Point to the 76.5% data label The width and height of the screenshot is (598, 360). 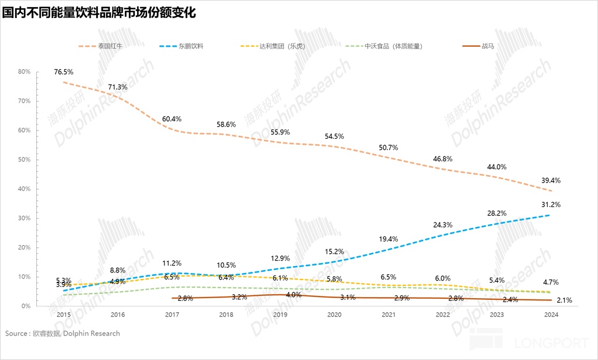(x=64, y=72)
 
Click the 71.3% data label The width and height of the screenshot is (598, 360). (x=119, y=87)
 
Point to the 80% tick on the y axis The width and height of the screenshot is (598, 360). (x=25, y=72)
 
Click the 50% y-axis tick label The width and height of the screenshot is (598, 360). (x=25, y=160)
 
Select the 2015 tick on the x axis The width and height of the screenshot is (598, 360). (x=64, y=314)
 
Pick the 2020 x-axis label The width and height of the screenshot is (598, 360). (x=334, y=314)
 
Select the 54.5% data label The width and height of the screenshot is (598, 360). (x=334, y=137)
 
